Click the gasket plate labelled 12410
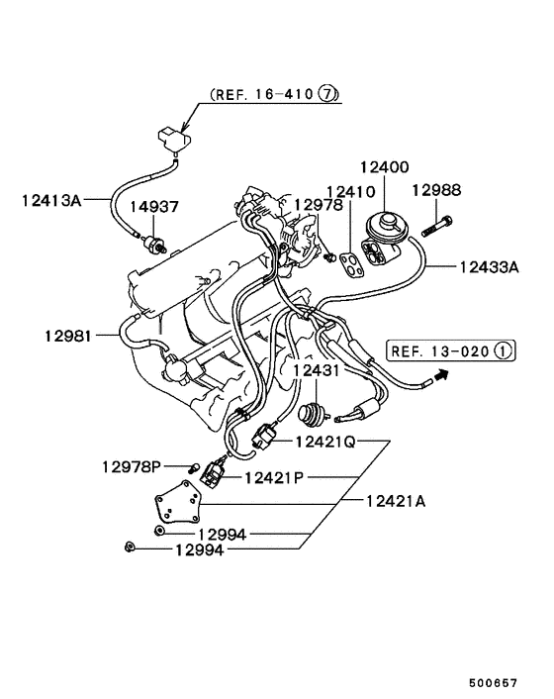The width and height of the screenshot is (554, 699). tap(347, 263)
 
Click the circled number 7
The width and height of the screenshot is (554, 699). tap(329, 95)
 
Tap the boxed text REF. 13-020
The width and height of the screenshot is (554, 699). tap(438, 349)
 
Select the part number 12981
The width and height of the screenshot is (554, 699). tap(68, 336)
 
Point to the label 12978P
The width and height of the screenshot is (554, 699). tap(132, 465)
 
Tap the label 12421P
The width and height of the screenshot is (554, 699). tap(275, 477)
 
